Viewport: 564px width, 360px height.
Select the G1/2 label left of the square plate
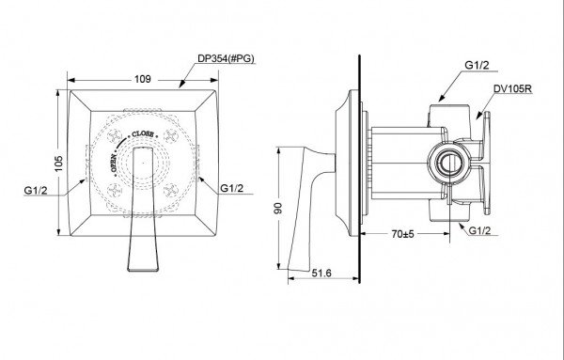[x=37, y=193]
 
